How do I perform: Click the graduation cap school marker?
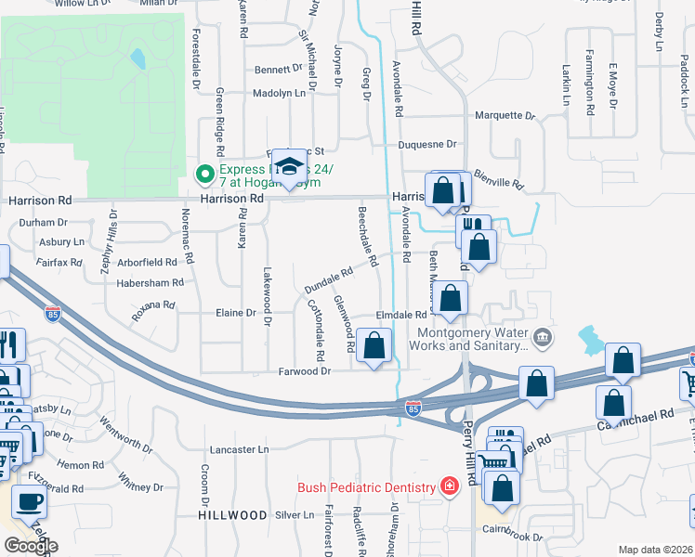[289, 168]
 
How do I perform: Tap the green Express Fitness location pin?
[202, 174]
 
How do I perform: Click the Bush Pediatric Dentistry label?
[366, 487]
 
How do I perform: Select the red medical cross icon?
[449, 486]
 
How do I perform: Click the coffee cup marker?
[28, 502]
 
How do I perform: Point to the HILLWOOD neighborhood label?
[225, 514]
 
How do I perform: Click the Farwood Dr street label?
[306, 370]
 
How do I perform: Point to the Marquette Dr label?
[505, 116]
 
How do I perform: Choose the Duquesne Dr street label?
[427, 144]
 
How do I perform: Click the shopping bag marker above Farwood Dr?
[374, 347]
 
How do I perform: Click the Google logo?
[31, 546]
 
